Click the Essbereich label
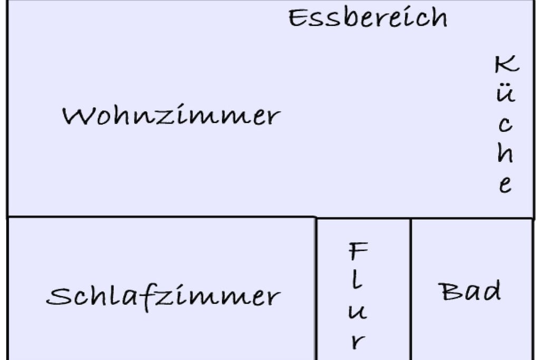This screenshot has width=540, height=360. coord(368,17)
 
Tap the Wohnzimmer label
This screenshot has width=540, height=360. coord(171,115)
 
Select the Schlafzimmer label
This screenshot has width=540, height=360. coord(163,296)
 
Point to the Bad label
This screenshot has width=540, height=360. coord(470,291)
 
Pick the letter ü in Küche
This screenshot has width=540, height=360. coord(506,92)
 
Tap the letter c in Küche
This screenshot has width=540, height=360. coord(505,124)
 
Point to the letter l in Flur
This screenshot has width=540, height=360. coord(357,279)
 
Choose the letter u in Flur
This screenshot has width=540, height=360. coord(358,312)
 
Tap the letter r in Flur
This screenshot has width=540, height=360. coord(358,342)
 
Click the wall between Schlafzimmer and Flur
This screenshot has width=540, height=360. coord(316,288)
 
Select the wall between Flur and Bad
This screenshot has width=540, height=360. coord(410,289)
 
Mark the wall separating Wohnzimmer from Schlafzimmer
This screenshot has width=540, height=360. coord(161,217)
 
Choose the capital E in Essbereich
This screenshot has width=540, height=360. coord(298,18)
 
